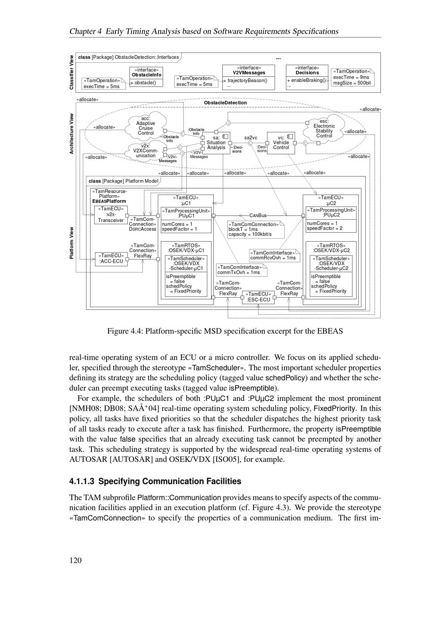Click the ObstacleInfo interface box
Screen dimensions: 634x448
tap(146, 77)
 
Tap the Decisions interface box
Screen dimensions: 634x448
tap(307, 77)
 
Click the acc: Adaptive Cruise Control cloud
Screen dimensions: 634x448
tap(146, 127)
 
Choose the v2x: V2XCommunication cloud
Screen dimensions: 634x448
tap(146, 151)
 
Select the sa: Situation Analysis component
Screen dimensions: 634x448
tap(216, 143)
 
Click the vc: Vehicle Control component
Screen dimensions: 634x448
tap(281, 143)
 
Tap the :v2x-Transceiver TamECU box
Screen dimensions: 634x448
tap(111, 214)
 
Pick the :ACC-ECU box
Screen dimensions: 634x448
tap(111, 259)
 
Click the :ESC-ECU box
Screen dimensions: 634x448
tap(258, 297)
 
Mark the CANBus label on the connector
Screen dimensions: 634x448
tap(258, 216)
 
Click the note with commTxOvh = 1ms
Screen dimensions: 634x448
tap(241, 270)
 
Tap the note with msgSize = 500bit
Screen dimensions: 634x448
tap(352, 77)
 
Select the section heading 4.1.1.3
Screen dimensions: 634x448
tap(155, 481)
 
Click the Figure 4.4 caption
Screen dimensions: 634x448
tap(224, 331)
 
